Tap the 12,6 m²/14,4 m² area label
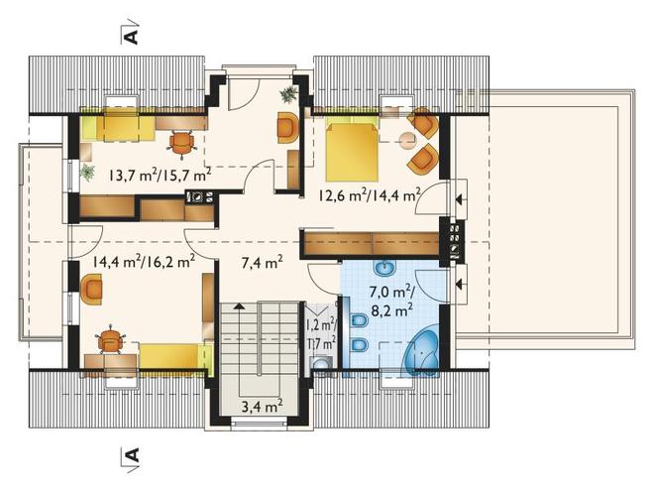pyautogui.click(x=370, y=194)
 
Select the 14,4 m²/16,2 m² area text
pyautogui.click(x=144, y=262)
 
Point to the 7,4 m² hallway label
pyautogui.click(x=263, y=263)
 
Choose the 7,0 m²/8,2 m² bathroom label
pyautogui.click(x=391, y=301)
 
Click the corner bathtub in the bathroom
pyautogui.click(x=420, y=353)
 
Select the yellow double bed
pyautogui.click(x=352, y=149)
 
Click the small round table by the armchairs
pyautogui.click(x=408, y=140)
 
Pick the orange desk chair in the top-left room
pyautogui.click(x=182, y=143)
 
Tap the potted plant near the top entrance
pyautogui.click(x=288, y=93)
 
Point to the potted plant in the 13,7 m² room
pyautogui.click(x=87, y=172)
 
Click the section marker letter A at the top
pyautogui.click(x=132, y=37)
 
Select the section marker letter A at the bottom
pyautogui.click(x=132, y=454)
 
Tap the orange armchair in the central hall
pyautogui.click(x=287, y=128)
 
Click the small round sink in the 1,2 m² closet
pyautogui.click(x=321, y=364)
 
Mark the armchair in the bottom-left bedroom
pyautogui.click(x=91, y=289)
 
